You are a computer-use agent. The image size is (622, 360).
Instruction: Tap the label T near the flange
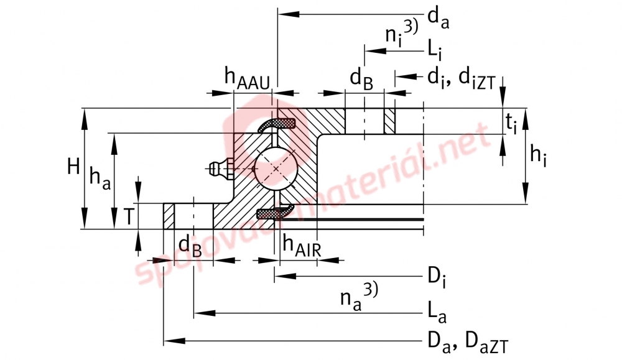pyautogui.click(x=129, y=216)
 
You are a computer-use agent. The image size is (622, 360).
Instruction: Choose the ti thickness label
pyautogui.click(x=511, y=122)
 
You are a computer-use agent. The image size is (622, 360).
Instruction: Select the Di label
pyautogui.click(x=437, y=278)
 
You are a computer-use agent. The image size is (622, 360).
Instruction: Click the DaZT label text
pyautogui.click(x=486, y=343)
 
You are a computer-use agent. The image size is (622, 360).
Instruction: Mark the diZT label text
pyautogui.click(x=477, y=79)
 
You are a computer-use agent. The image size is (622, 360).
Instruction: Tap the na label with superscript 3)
pyautogui.click(x=360, y=296)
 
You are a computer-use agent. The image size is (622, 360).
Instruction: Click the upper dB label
pyautogui.click(x=361, y=78)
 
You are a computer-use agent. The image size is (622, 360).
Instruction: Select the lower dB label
pyautogui.click(x=190, y=246)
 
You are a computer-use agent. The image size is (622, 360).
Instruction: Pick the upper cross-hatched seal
pyautogui.click(x=277, y=124)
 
